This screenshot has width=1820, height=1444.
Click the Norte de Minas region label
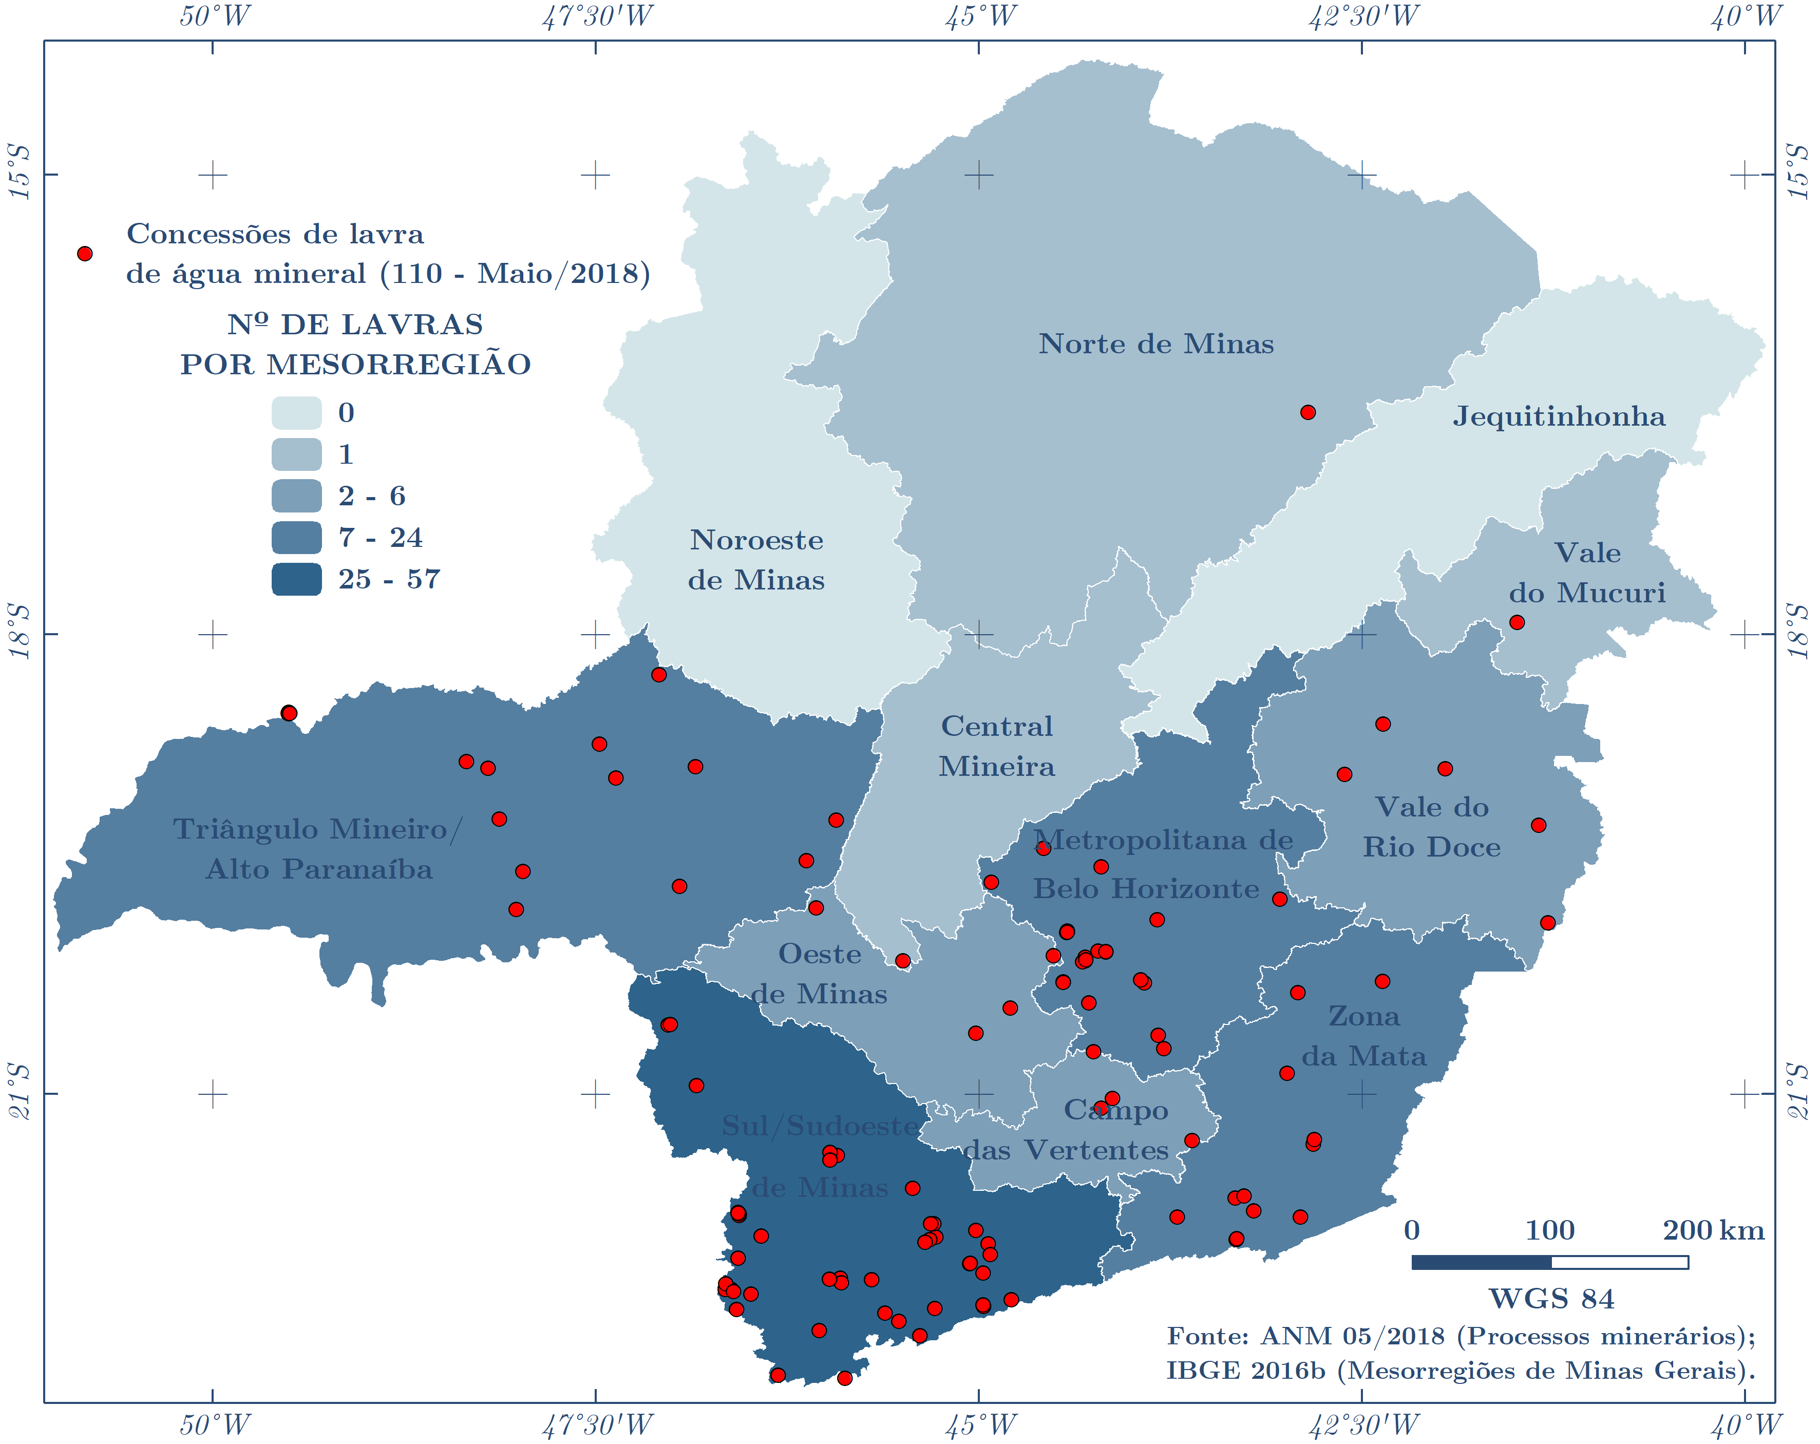pyautogui.click(x=1155, y=344)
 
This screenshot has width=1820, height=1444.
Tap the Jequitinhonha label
pyautogui.click(x=1558, y=416)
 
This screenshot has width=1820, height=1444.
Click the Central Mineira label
pyautogui.click(x=996, y=746)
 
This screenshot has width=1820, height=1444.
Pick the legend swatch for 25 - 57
pyautogui.click(x=296, y=579)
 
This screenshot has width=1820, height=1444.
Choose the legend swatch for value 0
pyautogui.click(x=296, y=413)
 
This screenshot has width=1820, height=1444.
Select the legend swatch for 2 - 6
pyautogui.click(x=296, y=496)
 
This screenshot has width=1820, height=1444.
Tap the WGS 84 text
pyautogui.click(x=1551, y=1299)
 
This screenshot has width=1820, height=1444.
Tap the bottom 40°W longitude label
pyautogui.click(x=1745, y=1426)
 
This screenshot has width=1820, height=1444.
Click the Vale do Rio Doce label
pyautogui.click(x=1432, y=827)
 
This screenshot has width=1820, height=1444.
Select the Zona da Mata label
pyautogui.click(x=1363, y=1036)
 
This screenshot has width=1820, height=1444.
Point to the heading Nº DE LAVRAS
pyautogui.click(x=355, y=324)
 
